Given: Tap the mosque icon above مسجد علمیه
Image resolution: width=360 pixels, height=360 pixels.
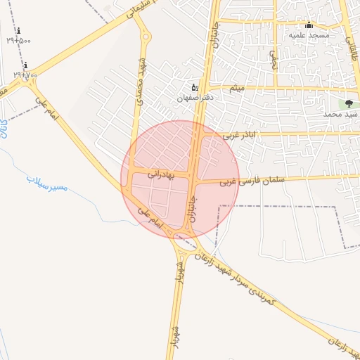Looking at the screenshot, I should [309, 25].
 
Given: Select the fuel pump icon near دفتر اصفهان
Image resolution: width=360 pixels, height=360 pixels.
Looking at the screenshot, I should [195, 87].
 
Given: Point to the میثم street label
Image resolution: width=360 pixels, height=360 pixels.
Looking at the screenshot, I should [237, 88].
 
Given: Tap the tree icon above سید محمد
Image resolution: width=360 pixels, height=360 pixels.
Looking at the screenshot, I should [349, 103].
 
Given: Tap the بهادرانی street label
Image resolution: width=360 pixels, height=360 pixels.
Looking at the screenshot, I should [161, 172].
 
